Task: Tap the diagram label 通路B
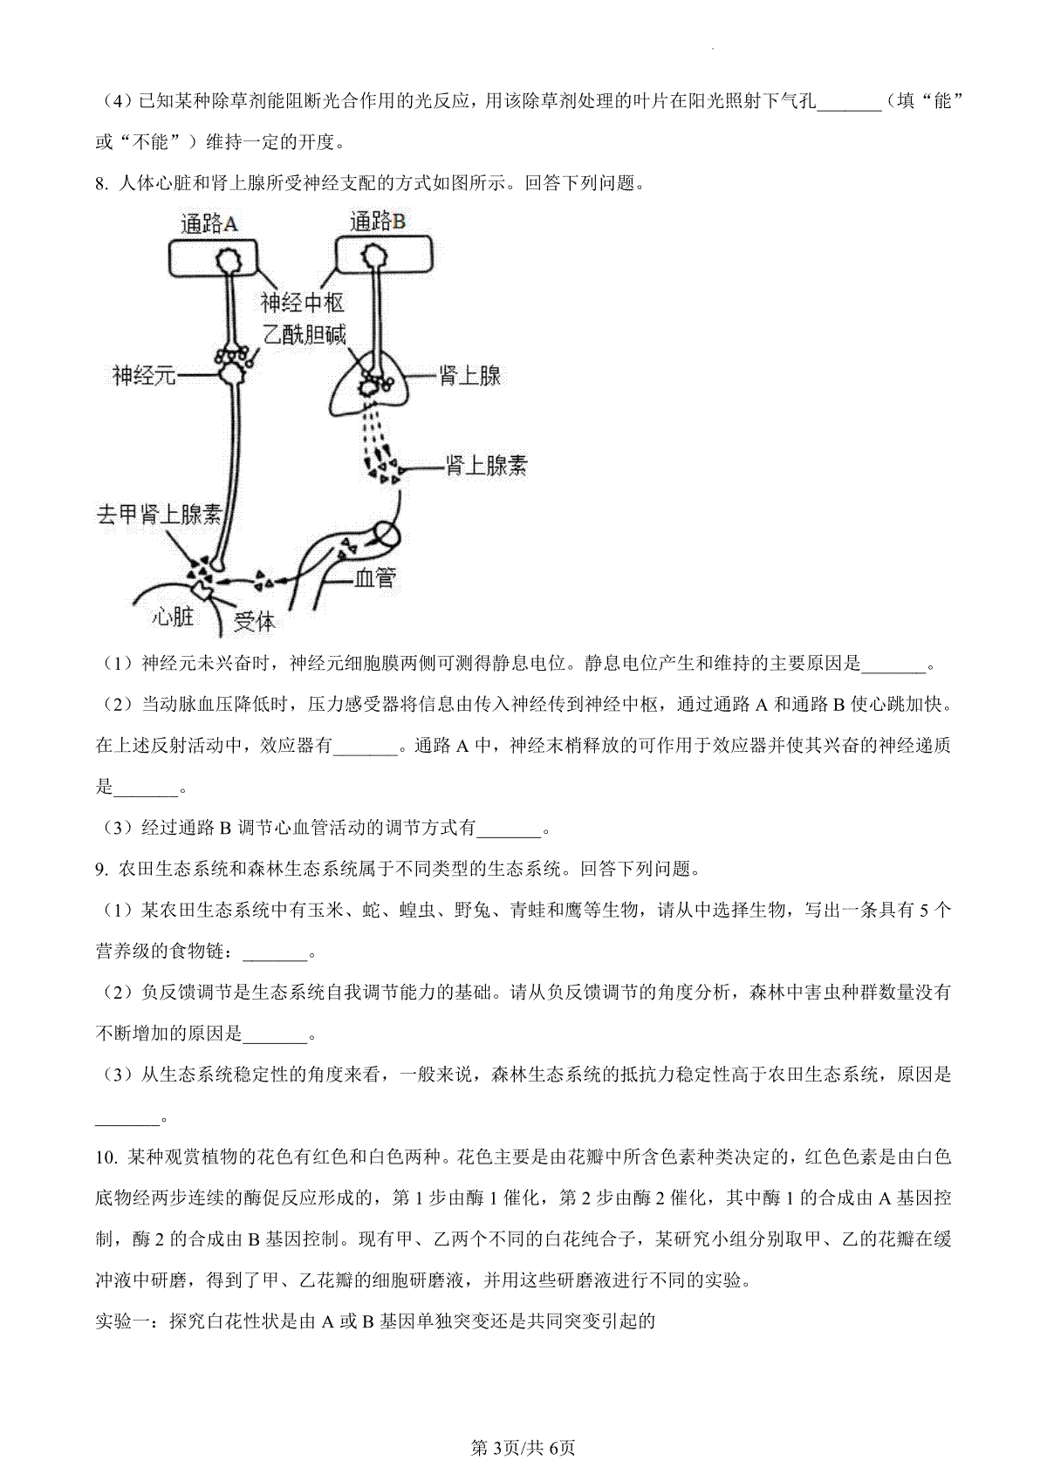(377, 222)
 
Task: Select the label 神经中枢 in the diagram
(303, 303)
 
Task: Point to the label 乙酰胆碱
(305, 335)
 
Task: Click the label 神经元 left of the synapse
(144, 376)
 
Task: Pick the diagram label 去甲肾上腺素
(159, 515)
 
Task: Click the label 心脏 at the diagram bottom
(173, 617)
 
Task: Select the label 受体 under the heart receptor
(255, 622)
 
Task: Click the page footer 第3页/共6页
(523, 1448)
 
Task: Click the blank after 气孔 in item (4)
(850, 103)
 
